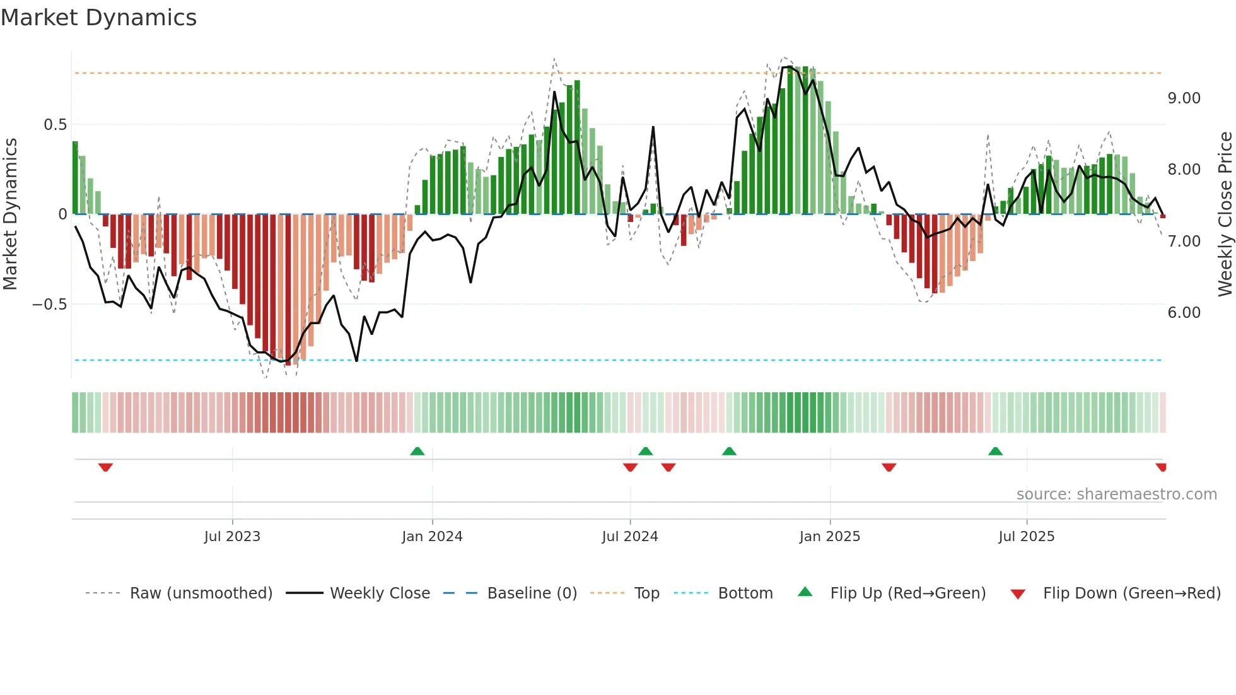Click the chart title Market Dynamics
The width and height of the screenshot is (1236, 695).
(98, 18)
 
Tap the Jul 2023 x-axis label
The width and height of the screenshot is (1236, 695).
(232, 536)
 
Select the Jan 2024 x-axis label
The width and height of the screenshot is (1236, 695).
(432, 536)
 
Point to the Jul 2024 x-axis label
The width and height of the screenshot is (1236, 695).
(629, 536)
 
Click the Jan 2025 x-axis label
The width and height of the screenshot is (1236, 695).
(829, 536)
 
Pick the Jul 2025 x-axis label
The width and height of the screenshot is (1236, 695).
(1026, 536)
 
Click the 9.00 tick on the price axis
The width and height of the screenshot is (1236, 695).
(1184, 98)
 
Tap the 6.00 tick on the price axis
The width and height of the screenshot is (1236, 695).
(1184, 313)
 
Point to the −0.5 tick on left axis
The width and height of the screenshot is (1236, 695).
(49, 305)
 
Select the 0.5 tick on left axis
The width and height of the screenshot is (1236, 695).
(55, 125)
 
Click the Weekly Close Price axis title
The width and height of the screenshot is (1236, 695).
(1225, 214)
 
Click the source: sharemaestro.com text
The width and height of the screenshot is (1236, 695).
(1116, 494)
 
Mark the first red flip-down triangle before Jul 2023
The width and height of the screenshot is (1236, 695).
(105, 467)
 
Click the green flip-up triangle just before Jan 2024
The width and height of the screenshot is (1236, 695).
(417, 451)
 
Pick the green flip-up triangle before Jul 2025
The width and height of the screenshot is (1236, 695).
(995, 451)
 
